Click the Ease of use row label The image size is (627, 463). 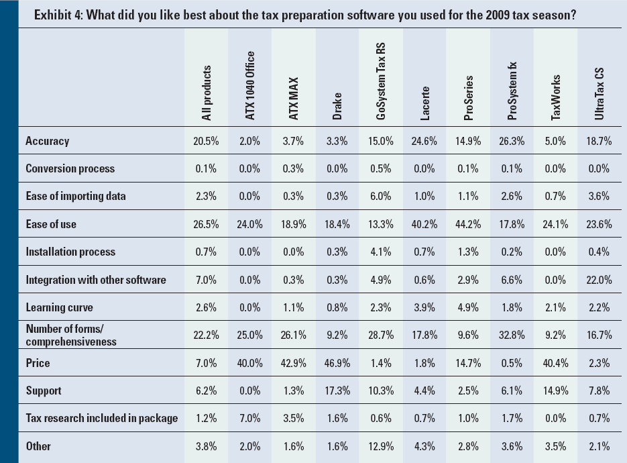(51, 224)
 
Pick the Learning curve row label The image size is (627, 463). (59, 307)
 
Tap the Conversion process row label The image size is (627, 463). (70, 168)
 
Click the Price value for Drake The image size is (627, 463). (338, 363)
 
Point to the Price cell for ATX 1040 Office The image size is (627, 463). (250, 363)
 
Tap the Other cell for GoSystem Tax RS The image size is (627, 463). (381, 446)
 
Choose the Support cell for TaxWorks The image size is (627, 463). (556, 391)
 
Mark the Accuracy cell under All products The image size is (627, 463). (207, 141)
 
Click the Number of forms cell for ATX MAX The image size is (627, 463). (294, 336)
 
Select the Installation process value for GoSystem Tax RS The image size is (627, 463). (381, 252)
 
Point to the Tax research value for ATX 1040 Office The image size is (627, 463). (250, 419)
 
